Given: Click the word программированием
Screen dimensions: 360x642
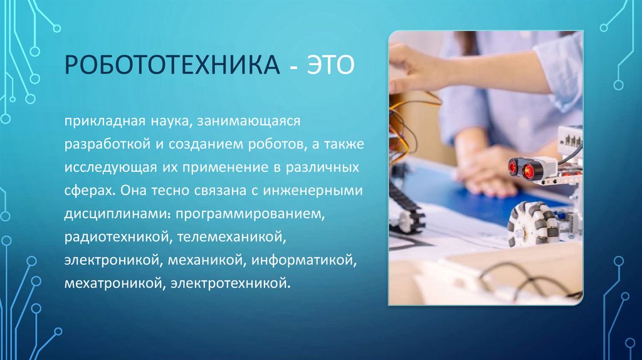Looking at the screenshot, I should click(250, 214).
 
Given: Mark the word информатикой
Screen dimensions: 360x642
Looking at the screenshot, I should click(308, 261).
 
